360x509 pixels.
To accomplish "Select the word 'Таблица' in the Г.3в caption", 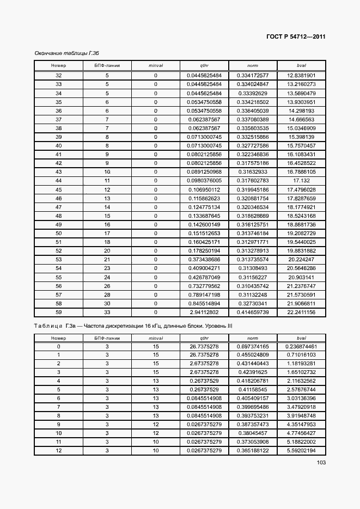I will tap(48, 326).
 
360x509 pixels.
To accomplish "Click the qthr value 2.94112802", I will tap(204, 312).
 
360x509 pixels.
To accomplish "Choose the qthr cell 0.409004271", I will tap(204, 268).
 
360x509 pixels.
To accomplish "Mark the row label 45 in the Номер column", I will tap(59, 189).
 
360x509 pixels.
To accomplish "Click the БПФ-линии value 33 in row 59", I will tap(107, 312).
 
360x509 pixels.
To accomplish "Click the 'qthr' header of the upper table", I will tap(204, 65).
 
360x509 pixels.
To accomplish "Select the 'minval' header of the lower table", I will tap(156, 338).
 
